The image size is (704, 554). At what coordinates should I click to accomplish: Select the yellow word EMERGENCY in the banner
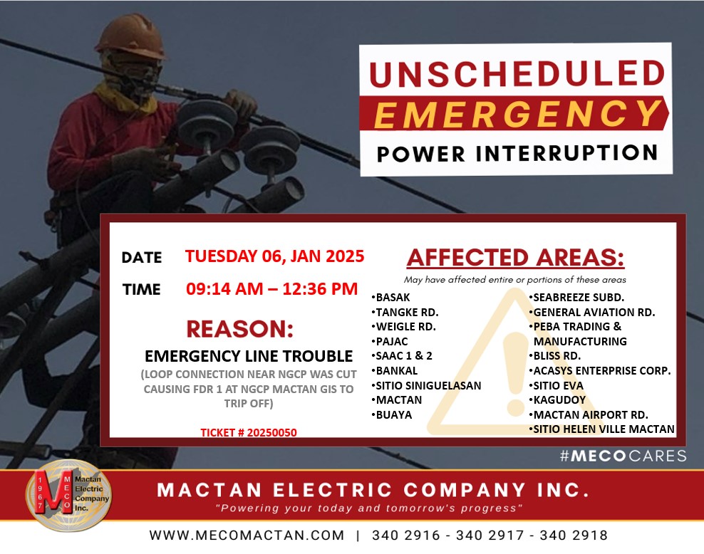518,113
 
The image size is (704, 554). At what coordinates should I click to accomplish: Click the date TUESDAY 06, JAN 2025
274,256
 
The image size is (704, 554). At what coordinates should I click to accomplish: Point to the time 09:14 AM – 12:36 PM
271,288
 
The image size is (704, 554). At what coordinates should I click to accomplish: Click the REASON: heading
239,329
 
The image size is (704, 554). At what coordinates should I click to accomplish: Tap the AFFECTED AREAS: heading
515,258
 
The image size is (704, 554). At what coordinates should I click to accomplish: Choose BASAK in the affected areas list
390,298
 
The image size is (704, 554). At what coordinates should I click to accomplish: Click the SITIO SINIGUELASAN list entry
426,386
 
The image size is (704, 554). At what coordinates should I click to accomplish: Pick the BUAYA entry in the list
391,415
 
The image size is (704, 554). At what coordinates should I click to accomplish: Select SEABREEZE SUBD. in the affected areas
576,298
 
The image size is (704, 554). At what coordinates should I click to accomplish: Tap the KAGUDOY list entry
557,400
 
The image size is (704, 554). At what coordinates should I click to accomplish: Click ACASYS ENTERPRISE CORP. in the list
600,371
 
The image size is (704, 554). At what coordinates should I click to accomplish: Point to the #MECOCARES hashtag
623,456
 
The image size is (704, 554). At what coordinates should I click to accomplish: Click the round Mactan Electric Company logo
68,496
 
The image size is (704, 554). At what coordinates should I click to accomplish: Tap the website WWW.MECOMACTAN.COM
247,535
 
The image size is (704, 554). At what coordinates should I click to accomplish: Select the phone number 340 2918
574,535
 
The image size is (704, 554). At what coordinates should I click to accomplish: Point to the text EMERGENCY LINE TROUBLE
248,356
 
